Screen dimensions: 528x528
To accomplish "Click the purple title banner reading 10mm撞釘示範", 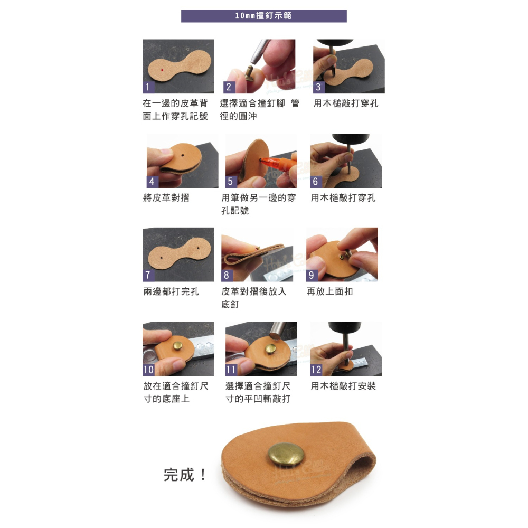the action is click(263, 16).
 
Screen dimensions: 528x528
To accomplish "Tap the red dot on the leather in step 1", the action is click(162, 70).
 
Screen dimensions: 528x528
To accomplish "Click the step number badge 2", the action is click(229, 87).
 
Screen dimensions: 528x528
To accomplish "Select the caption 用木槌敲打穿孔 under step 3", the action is click(346, 103).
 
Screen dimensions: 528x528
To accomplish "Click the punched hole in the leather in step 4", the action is click(183, 156).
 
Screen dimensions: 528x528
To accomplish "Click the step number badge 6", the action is click(316, 182).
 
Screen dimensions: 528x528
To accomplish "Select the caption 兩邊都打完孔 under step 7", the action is click(171, 291).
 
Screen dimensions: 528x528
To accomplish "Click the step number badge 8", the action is click(227, 276).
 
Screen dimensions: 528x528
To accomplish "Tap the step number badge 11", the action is click(231, 370).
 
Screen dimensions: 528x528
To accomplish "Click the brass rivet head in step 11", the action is click(270, 349).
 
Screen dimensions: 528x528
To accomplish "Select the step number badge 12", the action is click(316, 370).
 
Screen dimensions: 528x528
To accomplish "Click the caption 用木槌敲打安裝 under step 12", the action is click(343, 386).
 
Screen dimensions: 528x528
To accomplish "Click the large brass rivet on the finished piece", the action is click(286, 455).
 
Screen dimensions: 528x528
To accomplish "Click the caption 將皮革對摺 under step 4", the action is click(166, 197).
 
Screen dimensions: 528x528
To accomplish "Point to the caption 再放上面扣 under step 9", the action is click(329, 291).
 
